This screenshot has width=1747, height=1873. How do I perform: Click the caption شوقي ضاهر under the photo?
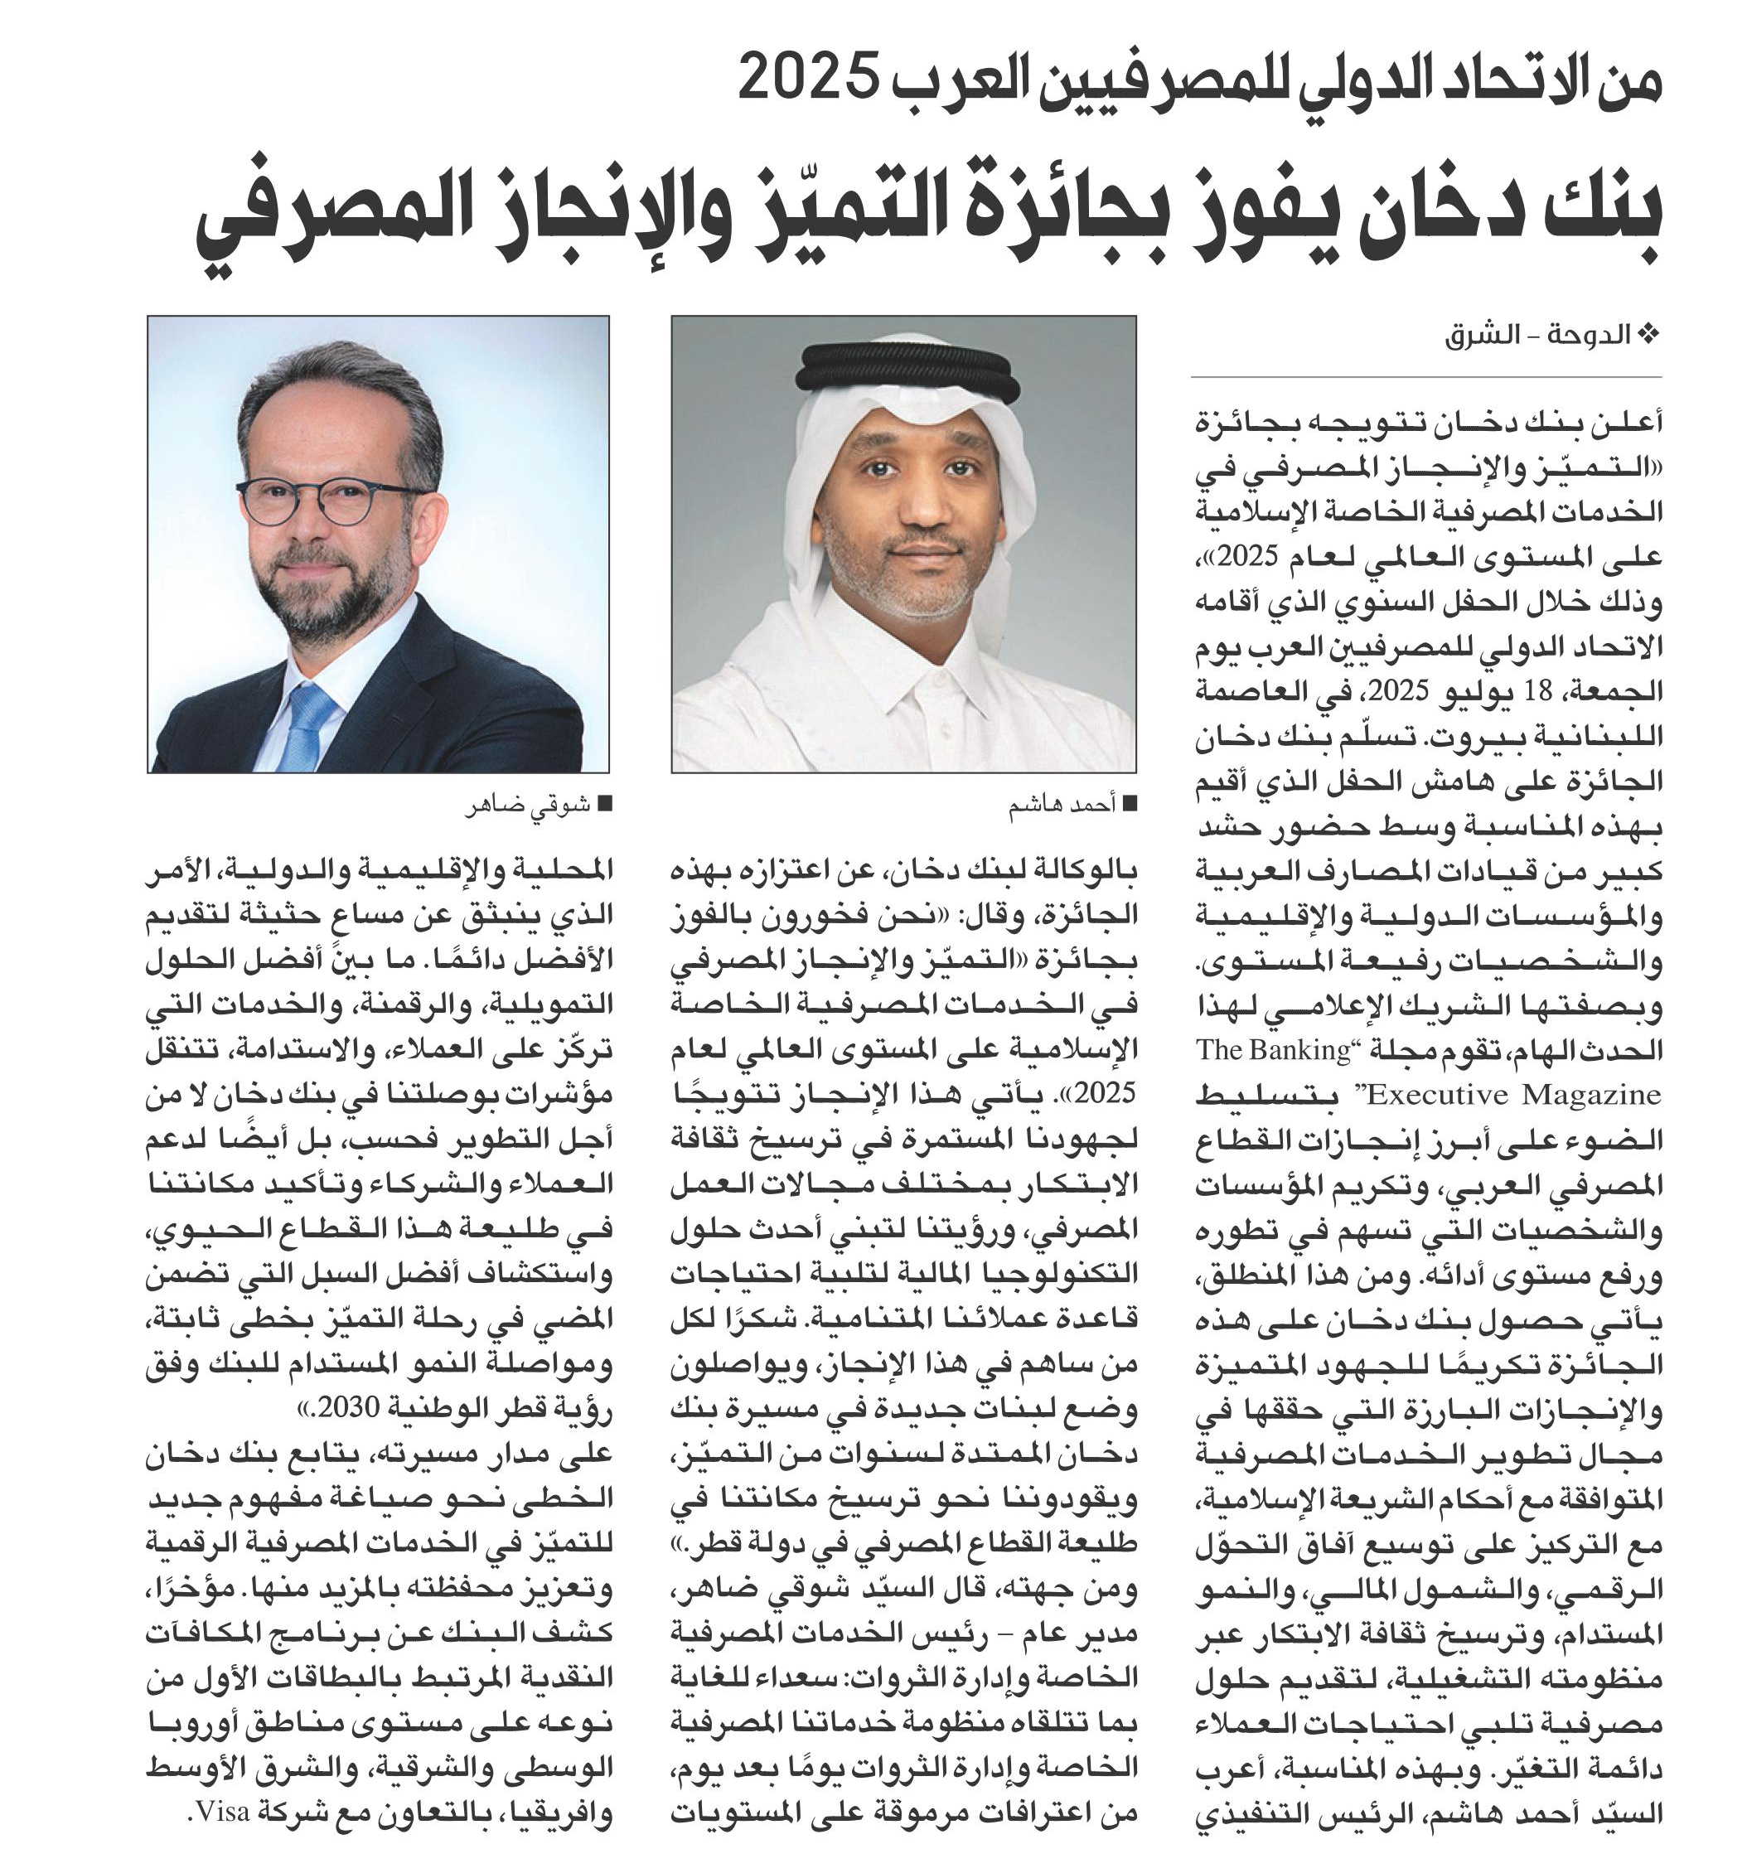(x=528, y=806)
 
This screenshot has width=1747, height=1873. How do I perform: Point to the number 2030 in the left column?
(x=349, y=1407)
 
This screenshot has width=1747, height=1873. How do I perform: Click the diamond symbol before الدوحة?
(x=1648, y=336)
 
